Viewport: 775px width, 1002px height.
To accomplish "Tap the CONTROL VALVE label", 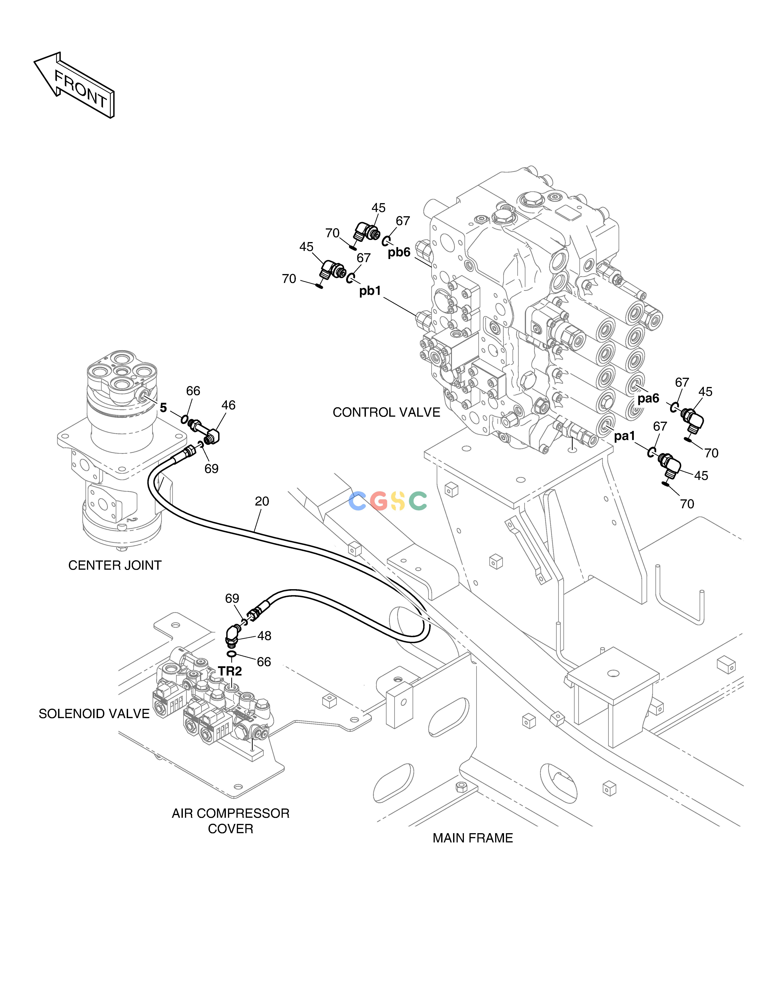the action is (386, 412).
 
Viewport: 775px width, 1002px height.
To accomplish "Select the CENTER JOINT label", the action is (115, 565).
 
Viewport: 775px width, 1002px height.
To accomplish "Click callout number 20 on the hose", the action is (262, 501).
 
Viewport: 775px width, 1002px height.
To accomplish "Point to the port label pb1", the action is (370, 291).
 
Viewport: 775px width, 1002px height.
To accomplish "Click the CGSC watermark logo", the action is (388, 501).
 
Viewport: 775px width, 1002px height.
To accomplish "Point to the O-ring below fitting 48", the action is (232, 654).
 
